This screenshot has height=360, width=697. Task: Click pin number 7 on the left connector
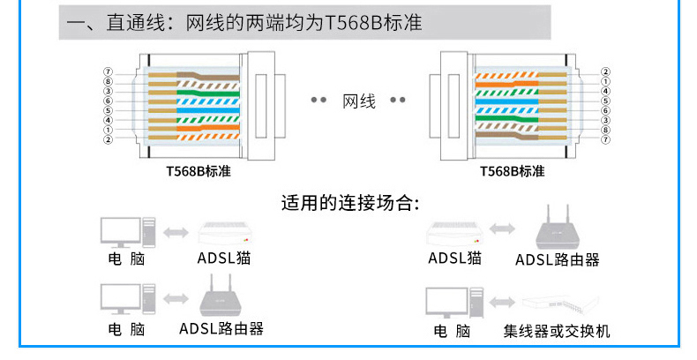[108, 71]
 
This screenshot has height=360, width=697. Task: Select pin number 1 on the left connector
[108, 130]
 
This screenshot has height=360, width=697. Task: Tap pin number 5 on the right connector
[604, 101]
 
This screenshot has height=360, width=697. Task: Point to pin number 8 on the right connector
[604, 130]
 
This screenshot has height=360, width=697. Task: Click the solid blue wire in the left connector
[203, 101]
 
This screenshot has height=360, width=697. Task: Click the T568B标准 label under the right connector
[512, 171]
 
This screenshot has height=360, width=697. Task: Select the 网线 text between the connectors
[359, 101]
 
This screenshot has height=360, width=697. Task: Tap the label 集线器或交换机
[556, 332]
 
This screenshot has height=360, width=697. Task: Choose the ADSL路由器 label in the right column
[557, 259]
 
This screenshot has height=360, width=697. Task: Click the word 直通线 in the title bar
[131, 22]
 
